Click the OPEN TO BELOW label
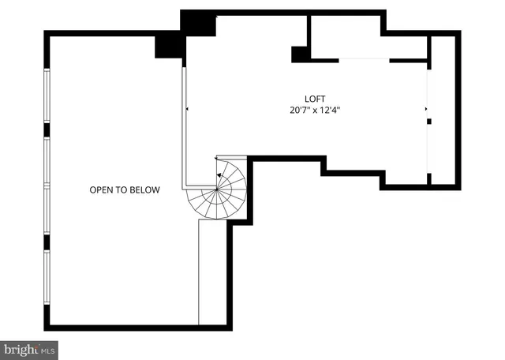(124, 189)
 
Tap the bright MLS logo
(29, 348)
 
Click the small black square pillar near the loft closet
(300, 54)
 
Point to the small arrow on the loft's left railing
(187, 109)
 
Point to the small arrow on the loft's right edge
(426, 109)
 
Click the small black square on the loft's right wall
(429, 122)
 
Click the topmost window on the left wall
(47, 96)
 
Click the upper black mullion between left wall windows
(47, 129)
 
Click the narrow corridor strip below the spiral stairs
(212, 272)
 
